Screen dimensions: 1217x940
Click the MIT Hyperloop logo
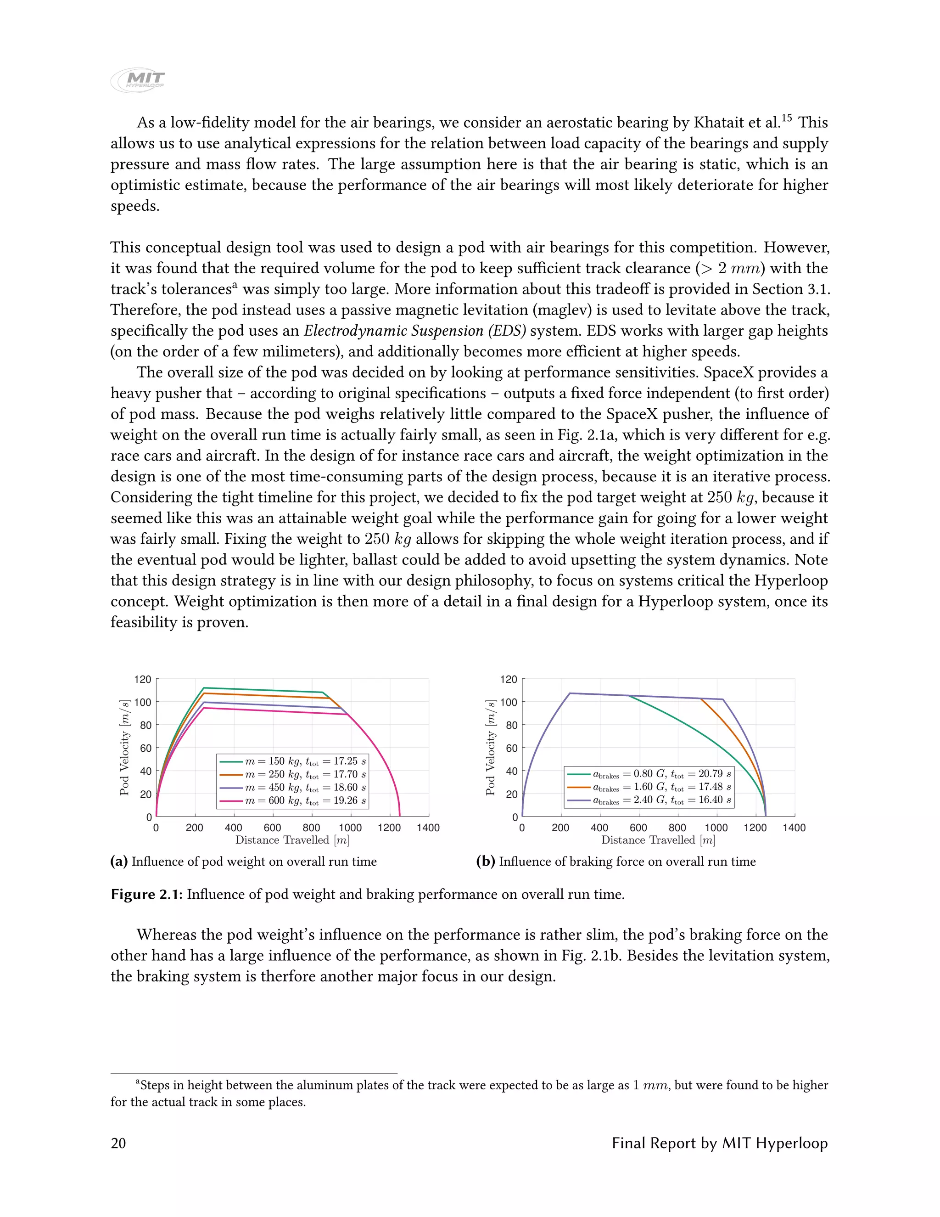138,81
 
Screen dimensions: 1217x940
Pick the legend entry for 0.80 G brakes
649,774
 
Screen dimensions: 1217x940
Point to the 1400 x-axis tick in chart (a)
428,828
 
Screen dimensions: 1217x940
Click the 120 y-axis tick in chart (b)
509,679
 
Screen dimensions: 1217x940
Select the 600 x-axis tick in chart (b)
638,828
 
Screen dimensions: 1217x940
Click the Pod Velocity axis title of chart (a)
125,747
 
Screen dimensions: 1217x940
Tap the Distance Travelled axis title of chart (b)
658,840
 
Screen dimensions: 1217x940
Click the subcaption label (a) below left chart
119,862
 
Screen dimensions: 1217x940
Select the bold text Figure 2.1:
146,894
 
